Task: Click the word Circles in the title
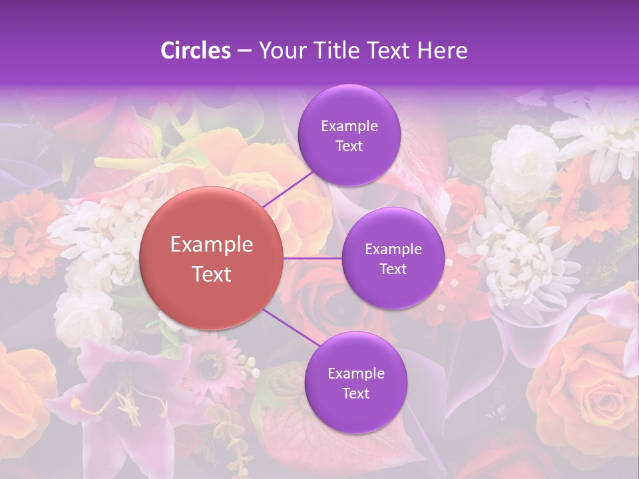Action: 196,51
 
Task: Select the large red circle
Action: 211,258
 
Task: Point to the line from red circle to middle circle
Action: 312,257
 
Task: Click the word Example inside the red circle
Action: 211,245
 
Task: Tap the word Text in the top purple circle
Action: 349,146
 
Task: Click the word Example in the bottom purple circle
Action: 355,373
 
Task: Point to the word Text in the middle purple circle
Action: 393,269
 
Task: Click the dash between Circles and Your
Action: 244,51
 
